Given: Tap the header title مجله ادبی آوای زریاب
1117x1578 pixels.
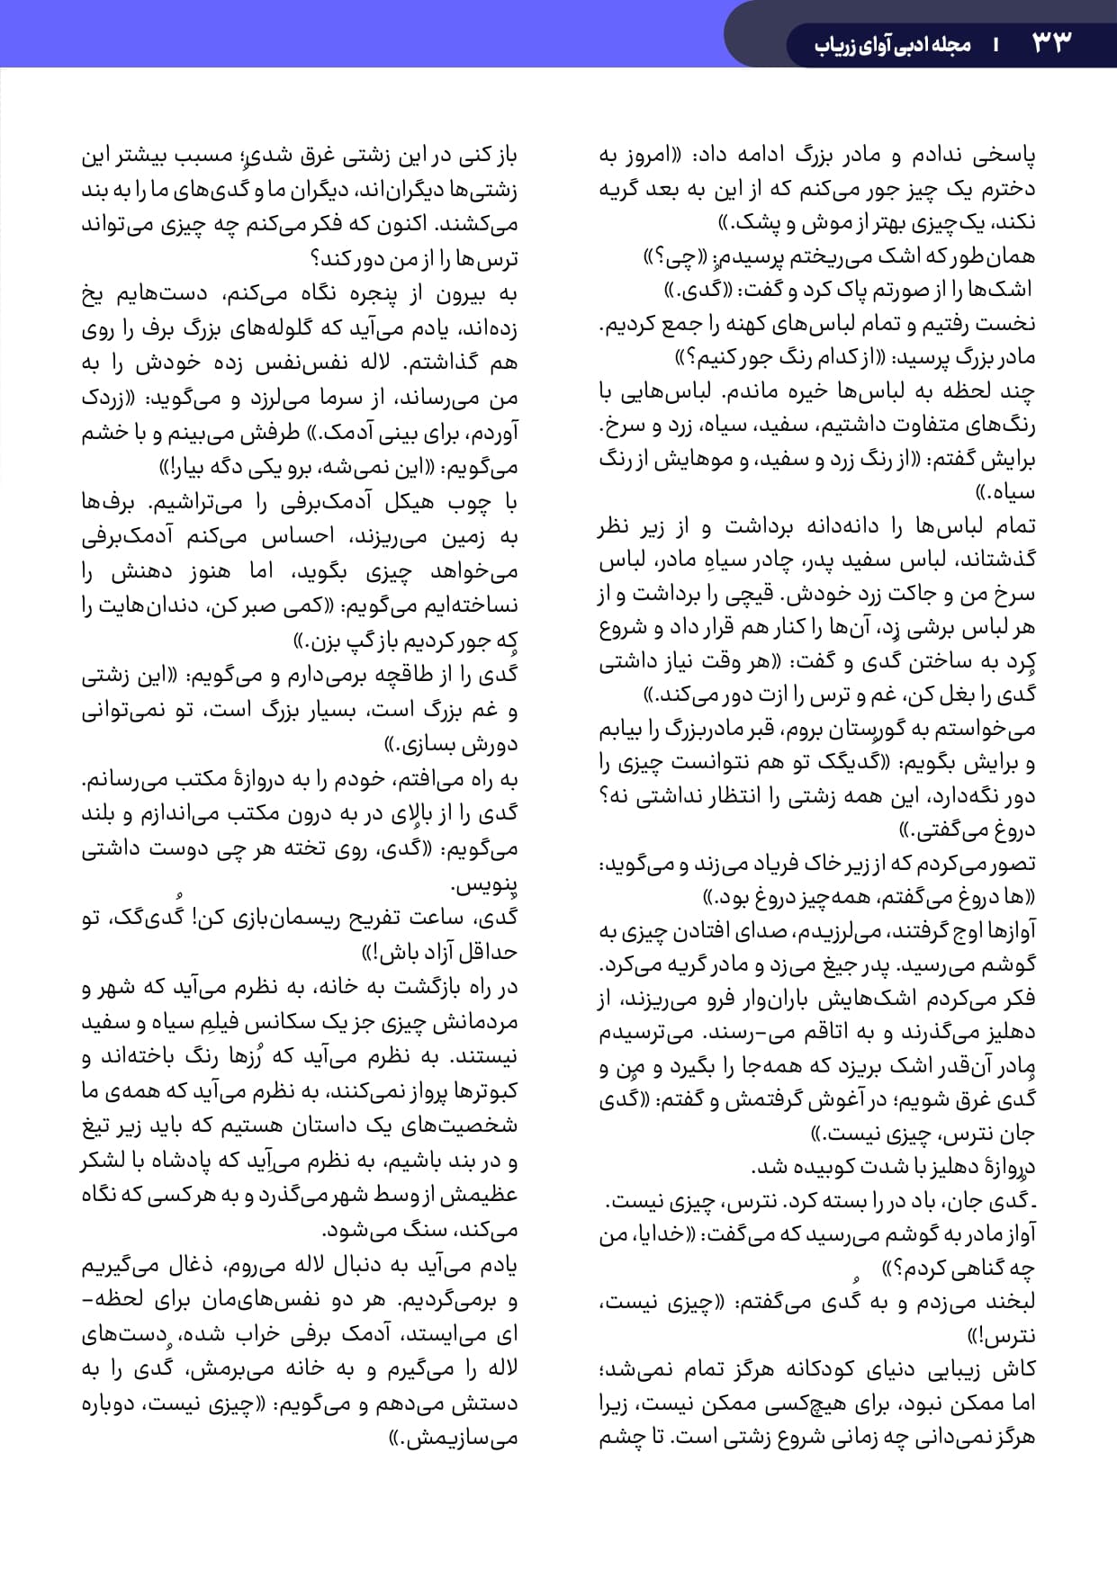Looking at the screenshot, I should tap(892, 44).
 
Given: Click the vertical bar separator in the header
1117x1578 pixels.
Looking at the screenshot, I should tap(996, 44).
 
